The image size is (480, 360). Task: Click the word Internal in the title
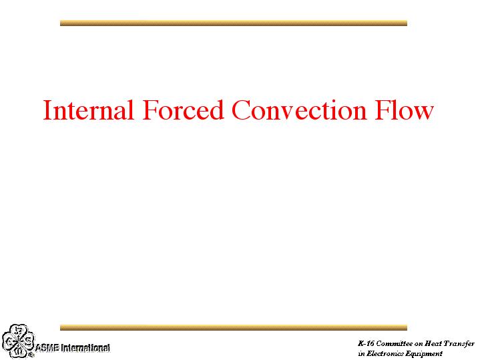click(x=89, y=110)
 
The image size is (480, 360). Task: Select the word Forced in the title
click(x=184, y=110)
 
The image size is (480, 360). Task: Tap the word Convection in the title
click(x=299, y=110)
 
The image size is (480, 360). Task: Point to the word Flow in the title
click(x=405, y=110)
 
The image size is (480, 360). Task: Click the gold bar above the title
click(x=234, y=23)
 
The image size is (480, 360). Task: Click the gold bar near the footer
click(x=234, y=327)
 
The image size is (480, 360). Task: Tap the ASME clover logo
click(x=18, y=341)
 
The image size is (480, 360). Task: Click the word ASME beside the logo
click(x=47, y=348)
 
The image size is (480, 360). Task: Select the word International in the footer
click(x=85, y=348)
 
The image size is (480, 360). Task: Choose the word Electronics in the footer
click(x=385, y=353)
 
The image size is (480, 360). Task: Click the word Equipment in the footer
click(x=424, y=354)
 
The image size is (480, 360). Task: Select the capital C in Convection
click(x=241, y=110)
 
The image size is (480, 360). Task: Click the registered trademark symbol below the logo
click(x=31, y=355)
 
